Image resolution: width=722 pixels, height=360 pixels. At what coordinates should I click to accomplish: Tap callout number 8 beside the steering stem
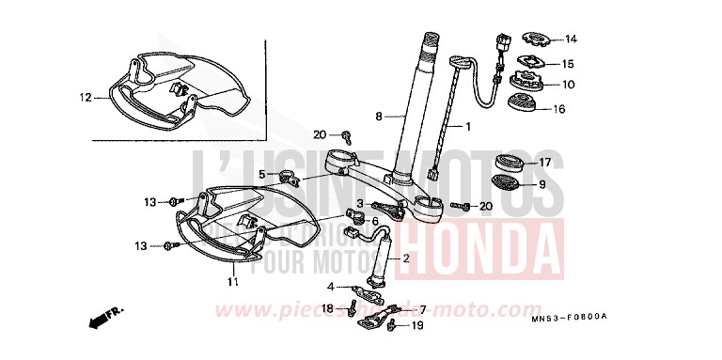[x=378, y=117]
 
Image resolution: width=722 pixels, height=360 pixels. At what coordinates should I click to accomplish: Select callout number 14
[x=572, y=39]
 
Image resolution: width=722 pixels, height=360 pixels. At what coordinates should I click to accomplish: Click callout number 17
[x=571, y=162]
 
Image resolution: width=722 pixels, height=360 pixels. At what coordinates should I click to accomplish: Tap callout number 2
[x=406, y=258]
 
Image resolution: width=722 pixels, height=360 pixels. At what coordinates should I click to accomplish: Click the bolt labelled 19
[x=393, y=325]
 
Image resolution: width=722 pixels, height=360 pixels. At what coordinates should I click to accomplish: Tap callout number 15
[x=572, y=64]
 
